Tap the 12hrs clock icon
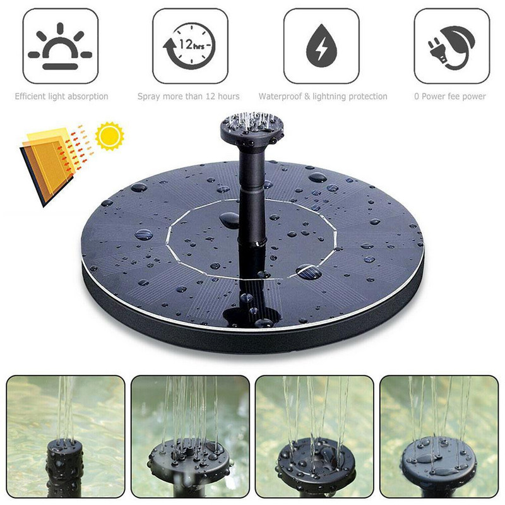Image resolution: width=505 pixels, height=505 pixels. click(x=189, y=45)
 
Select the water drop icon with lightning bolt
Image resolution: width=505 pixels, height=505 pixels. click(x=321, y=45)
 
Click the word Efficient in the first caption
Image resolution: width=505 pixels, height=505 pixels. click(x=30, y=97)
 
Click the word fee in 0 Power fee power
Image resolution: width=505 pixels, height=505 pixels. click(x=454, y=97)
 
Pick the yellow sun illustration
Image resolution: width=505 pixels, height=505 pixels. click(x=109, y=136)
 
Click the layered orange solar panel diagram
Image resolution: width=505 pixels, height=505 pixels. click(x=49, y=165)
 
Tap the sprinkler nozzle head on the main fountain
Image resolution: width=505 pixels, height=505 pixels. click(x=252, y=129)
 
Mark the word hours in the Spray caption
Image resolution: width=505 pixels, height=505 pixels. click(x=229, y=97)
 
